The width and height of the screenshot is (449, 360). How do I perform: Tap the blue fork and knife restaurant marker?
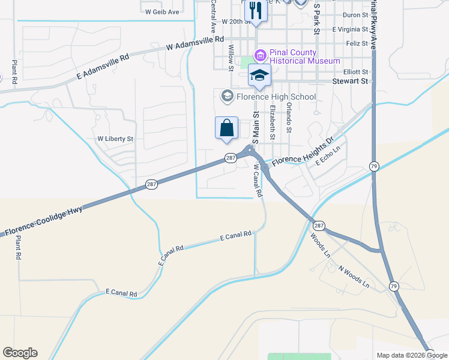pyautogui.click(x=256, y=10)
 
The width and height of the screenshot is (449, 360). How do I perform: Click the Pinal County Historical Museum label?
pyautogui.click(x=305, y=56)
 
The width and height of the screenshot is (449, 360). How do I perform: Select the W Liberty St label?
pyautogui.click(x=115, y=139)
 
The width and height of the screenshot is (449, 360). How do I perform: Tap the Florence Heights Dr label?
pyautogui.click(x=303, y=154)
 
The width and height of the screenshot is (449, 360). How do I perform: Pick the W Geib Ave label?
pyautogui.click(x=162, y=11)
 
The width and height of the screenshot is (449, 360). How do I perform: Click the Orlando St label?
pyautogui.click(x=289, y=118)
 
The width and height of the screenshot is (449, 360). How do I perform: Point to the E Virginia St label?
pyautogui.click(x=350, y=29)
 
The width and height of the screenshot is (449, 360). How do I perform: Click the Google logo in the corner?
pyautogui.click(x=20, y=353)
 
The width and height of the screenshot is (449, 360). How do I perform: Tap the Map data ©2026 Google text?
pyautogui.click(x=412, y=355)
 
